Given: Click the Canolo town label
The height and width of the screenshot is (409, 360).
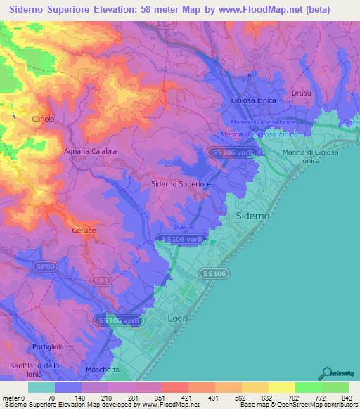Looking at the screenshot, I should [43, 119].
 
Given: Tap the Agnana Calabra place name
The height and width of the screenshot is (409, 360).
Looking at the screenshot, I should [90, 151].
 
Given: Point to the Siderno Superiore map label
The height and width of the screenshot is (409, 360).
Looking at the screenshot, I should [181, 184].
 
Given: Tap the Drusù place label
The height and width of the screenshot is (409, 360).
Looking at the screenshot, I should [300, 93].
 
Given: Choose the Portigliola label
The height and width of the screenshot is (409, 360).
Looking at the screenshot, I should [48, 348].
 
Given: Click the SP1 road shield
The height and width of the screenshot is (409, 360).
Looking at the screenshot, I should [103, 280].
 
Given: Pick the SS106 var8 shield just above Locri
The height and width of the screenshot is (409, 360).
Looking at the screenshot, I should [119, 320].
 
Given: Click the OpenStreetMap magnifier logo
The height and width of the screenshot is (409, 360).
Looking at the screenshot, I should [326, 374].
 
